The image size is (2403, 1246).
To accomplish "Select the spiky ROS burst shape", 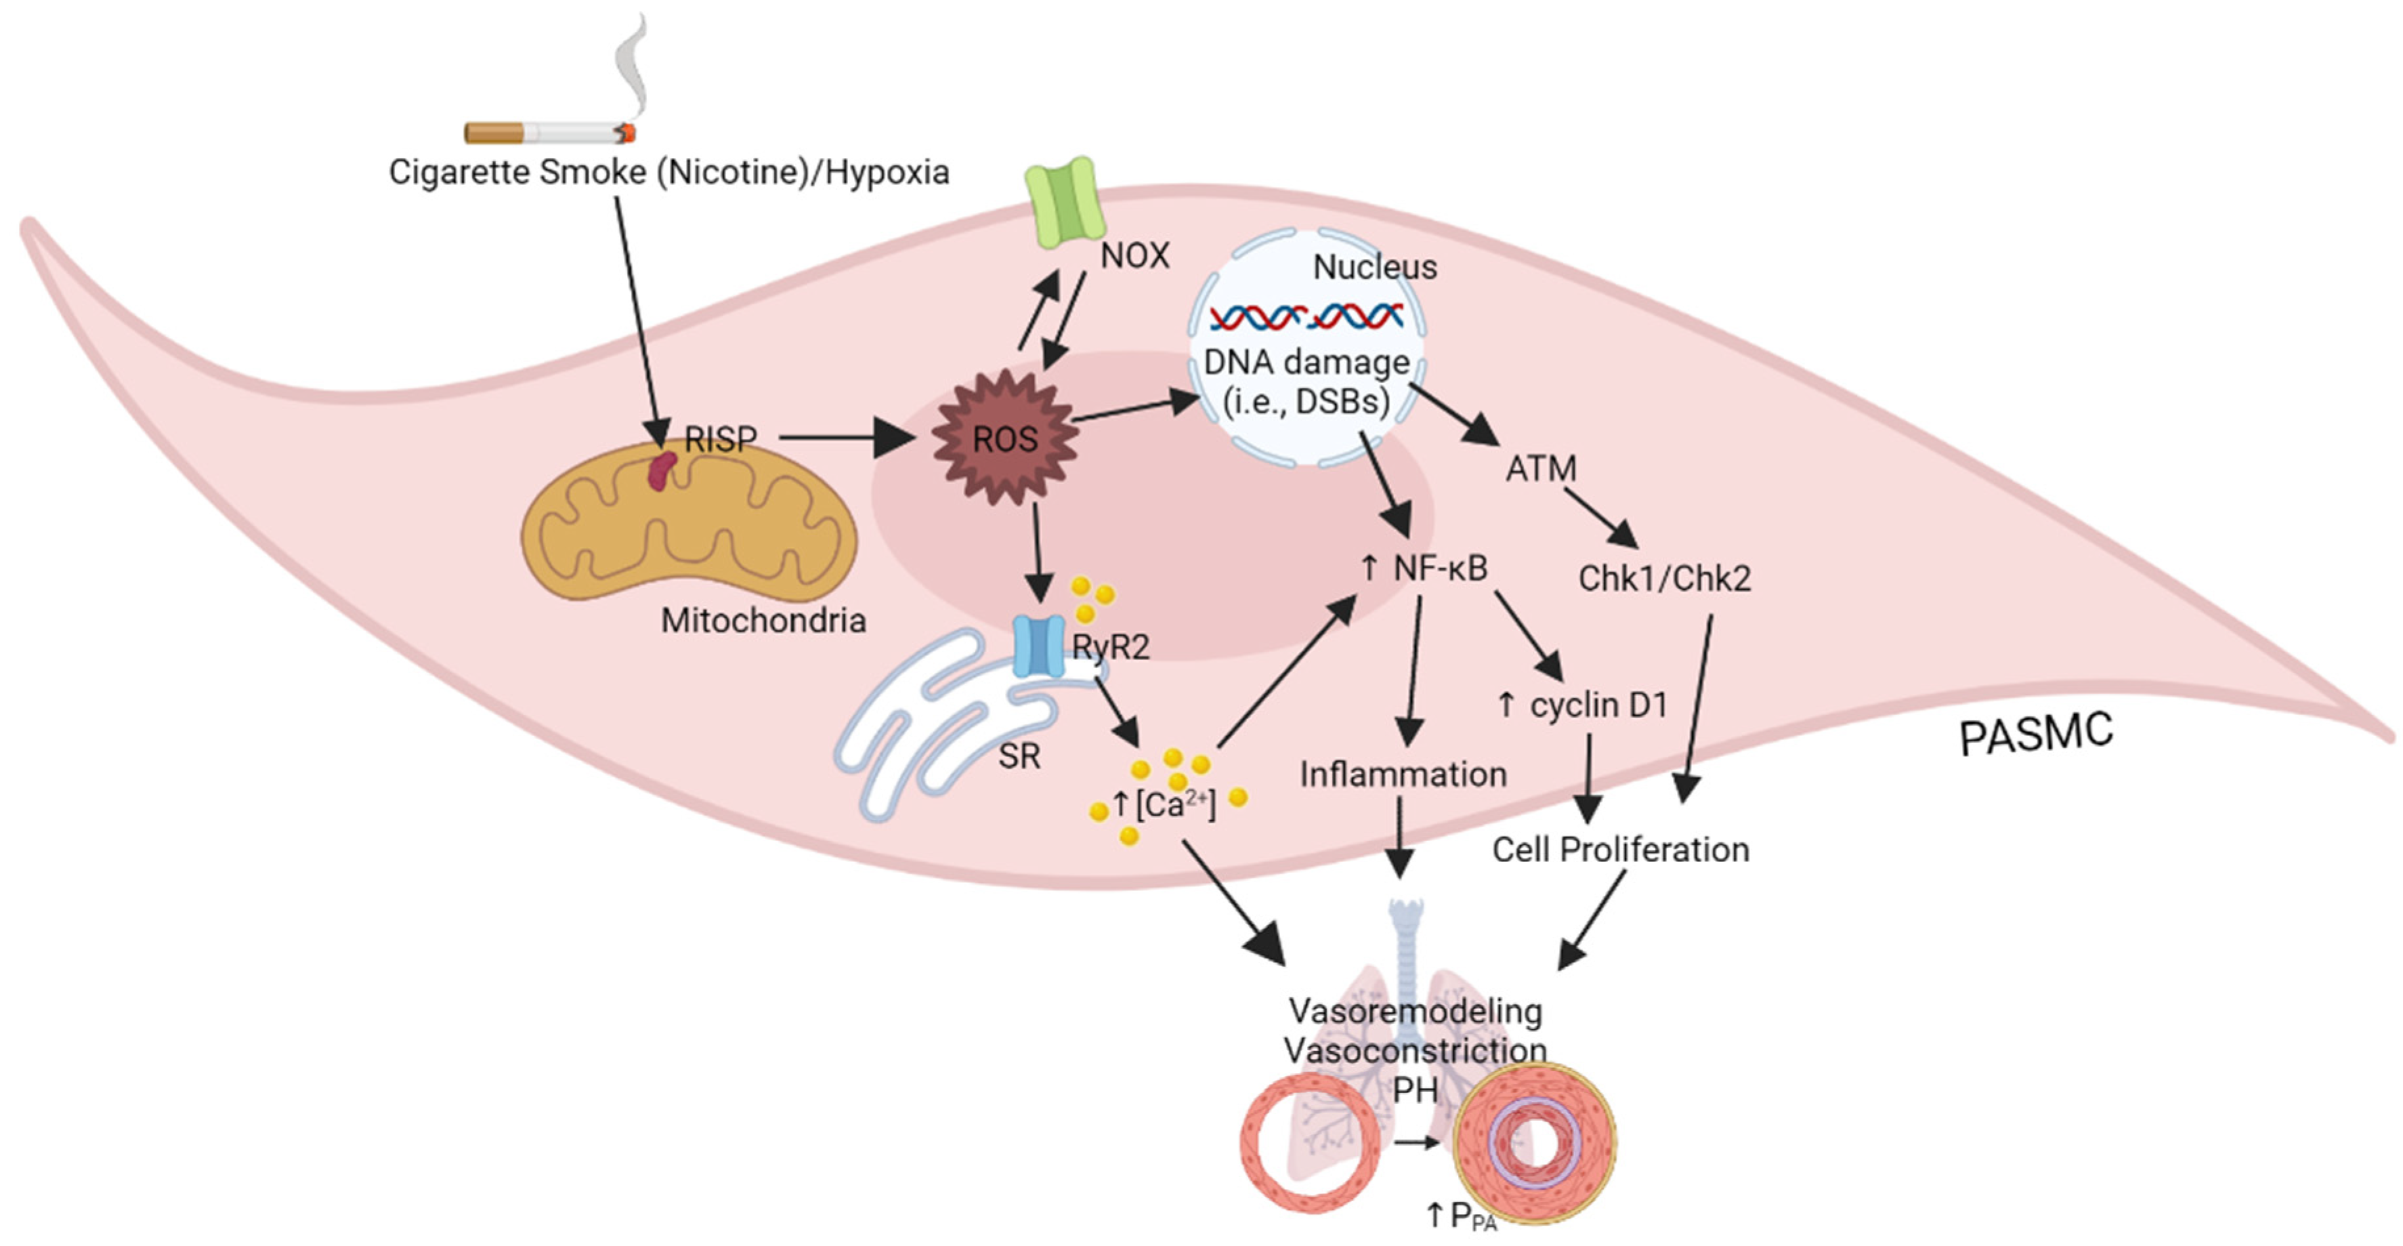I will click(1006, 438).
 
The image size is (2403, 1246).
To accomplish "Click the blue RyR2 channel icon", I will click(1038, 646).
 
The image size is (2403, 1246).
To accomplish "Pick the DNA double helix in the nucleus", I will click(1306, 317).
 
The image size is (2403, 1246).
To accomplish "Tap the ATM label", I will click(1541, 468).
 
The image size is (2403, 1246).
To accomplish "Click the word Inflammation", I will click(1403, 774).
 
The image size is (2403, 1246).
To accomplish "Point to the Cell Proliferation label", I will click(1621, 850).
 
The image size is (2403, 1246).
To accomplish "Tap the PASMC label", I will click(2035, 735).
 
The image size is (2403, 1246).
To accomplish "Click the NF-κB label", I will click(1439, 568).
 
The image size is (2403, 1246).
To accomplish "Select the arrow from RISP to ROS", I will click(844, 438).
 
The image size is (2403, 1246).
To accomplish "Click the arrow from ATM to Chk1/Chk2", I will click(1601, 518).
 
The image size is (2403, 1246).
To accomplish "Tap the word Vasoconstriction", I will click(1414, 1051).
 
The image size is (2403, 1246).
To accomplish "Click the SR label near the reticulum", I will click(1019, 755).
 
